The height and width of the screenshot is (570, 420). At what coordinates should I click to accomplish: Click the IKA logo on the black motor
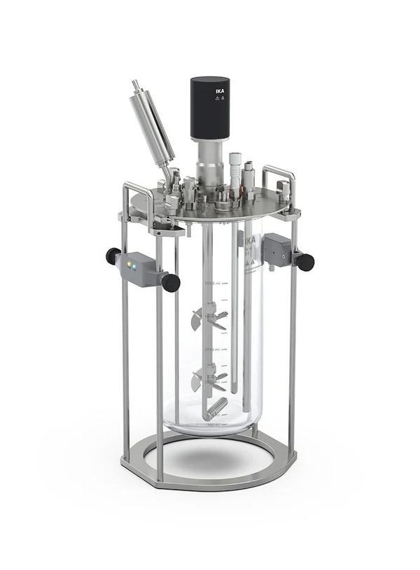click(218, 89)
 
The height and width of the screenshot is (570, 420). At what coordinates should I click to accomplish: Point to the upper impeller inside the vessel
click(209, 319)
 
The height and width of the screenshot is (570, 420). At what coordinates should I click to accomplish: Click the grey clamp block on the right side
click(276, 249)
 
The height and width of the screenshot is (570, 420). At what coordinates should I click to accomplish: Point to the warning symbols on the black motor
click(218, 99)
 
